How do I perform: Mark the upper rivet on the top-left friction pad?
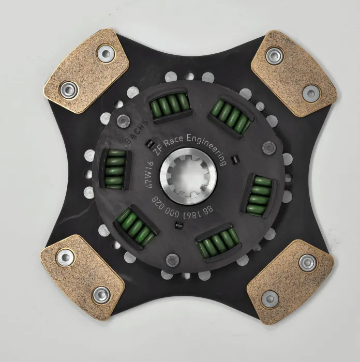pos(106,53)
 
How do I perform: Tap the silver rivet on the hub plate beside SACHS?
pos(123,122)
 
